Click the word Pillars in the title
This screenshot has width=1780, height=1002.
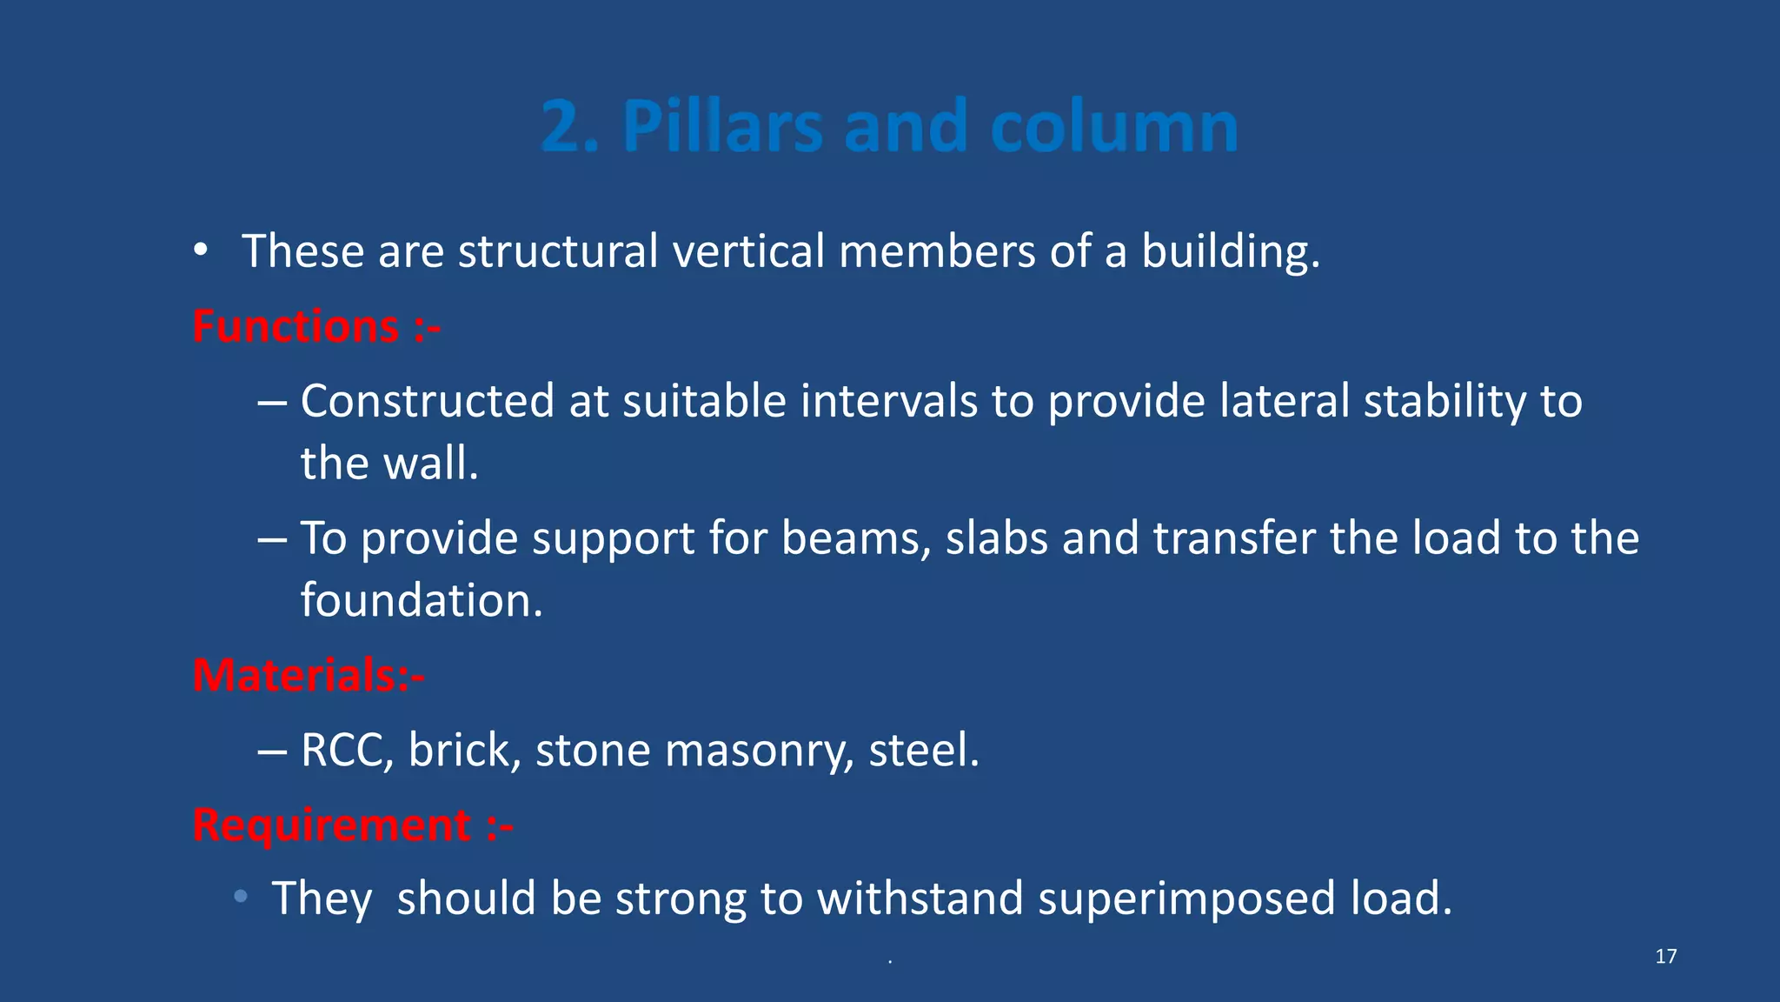pos(722,127)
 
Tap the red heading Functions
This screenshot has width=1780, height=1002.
pos(296,327)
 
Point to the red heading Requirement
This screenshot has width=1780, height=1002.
pos(332,825)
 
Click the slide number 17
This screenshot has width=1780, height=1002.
pos(1665,957)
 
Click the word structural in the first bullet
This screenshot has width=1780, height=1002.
pos(557,251)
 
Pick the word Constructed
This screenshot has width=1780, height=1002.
pos(427,401)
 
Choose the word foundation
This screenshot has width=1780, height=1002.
pos(421,600)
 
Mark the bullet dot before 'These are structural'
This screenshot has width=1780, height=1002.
pos(201,251)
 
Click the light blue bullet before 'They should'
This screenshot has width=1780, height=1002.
pos(241,896)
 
